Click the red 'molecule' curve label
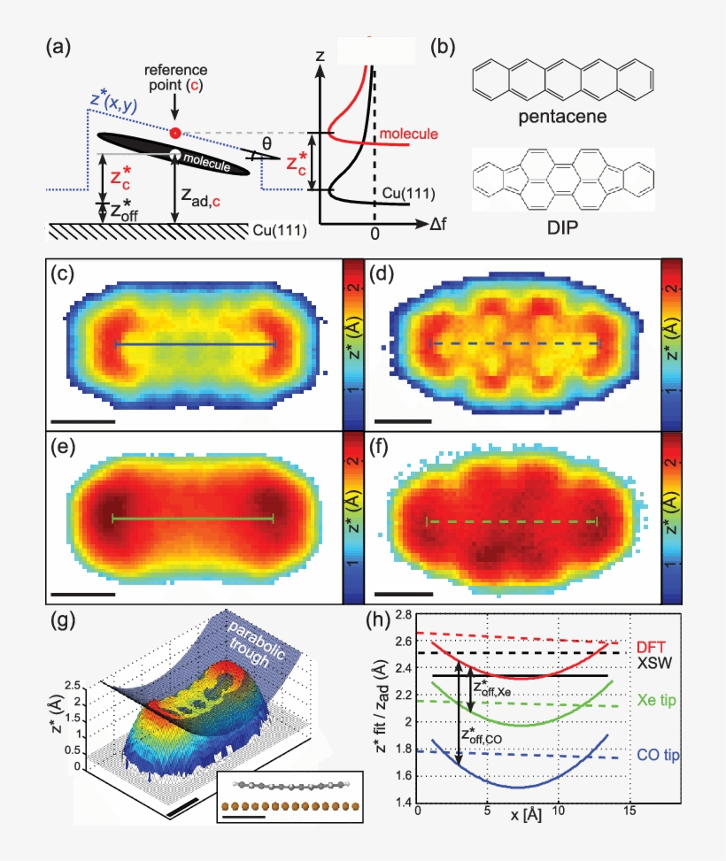(408, 133)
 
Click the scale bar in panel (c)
(83, 421)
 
